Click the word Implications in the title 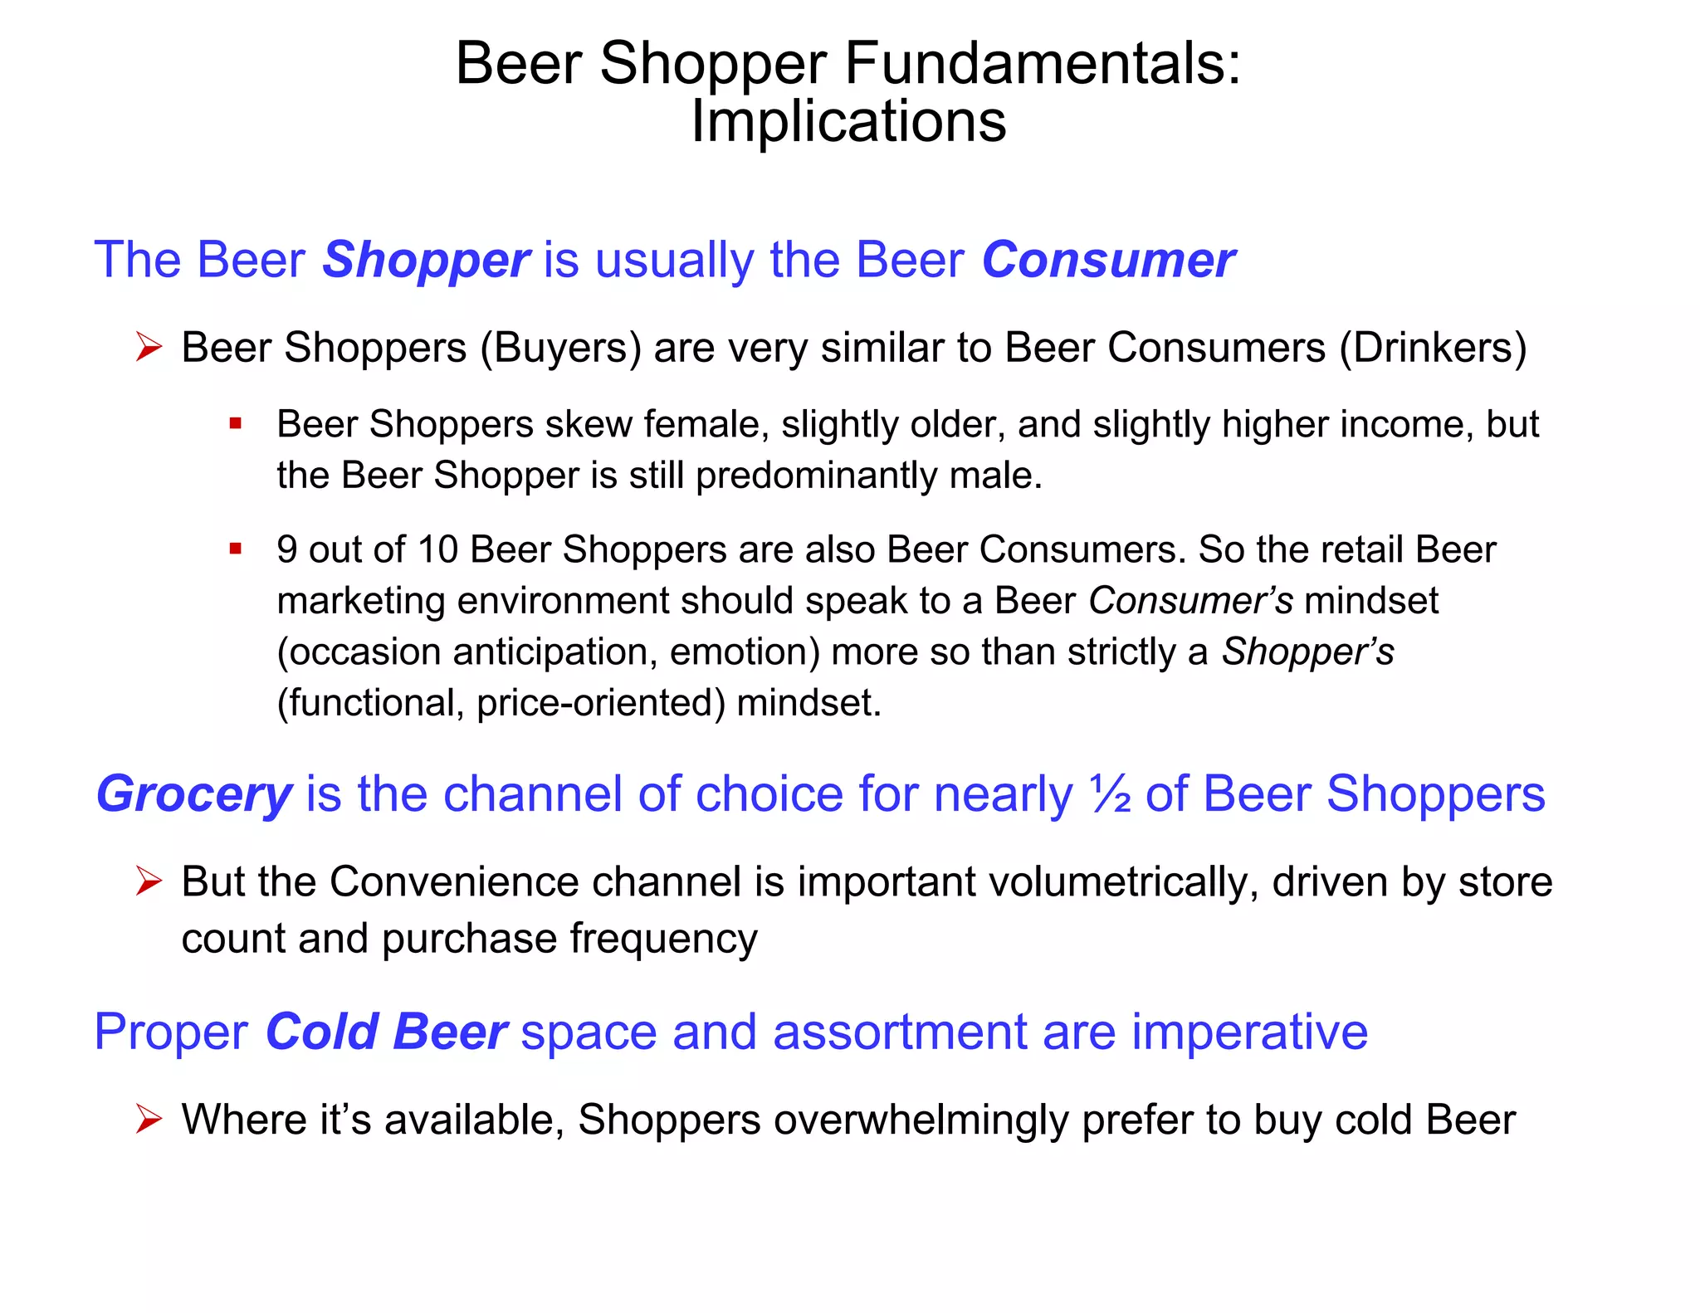click(848, 121)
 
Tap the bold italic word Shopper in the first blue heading click(426, 260)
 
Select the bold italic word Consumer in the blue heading click(1108, 260)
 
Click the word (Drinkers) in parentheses click(1433, 348)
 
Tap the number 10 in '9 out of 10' click(437, 549)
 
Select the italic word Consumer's click(1190, 601)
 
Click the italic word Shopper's click(1307, 652)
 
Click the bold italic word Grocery click(194, 794)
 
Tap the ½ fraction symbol click(1111, 794)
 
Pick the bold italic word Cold click(322, 1032)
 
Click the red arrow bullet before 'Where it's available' click(149, 1120)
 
